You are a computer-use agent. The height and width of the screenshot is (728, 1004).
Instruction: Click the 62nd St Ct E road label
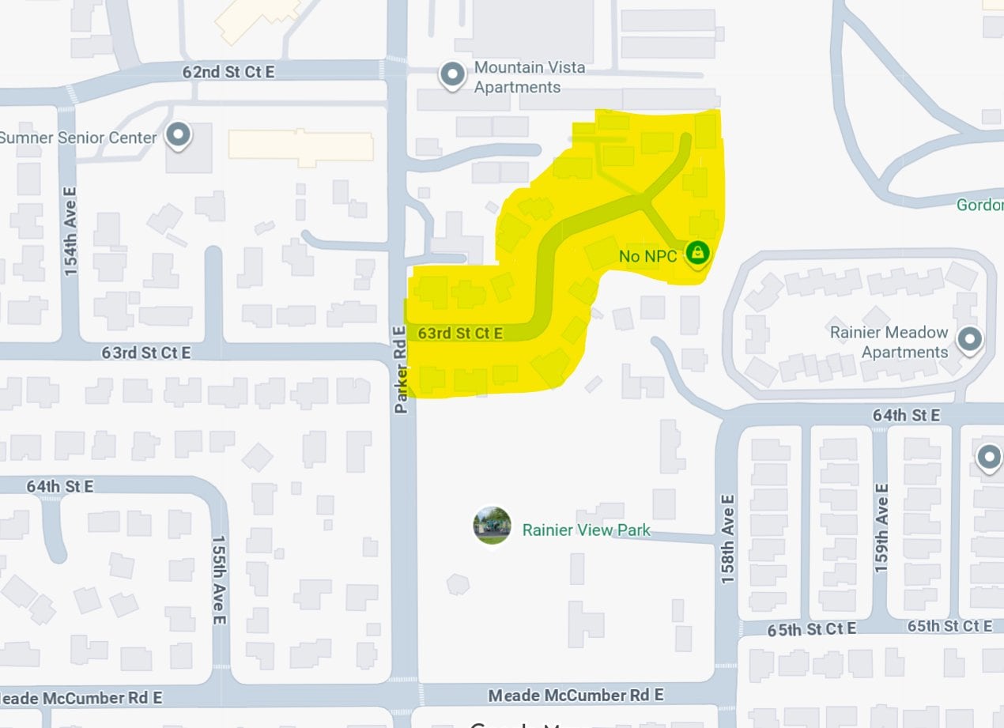228,72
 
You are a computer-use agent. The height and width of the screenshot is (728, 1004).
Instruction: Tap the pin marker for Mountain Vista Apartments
452,76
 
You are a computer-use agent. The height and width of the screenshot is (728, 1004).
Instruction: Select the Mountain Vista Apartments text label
529,77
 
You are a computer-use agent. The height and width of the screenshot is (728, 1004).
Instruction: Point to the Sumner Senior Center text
77,138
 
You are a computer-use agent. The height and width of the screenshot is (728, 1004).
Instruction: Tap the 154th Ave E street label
71,232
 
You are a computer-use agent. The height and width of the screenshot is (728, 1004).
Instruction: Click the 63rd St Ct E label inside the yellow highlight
460,334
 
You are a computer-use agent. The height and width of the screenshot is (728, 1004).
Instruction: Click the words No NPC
647,255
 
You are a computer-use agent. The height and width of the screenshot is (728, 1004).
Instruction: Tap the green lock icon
696,253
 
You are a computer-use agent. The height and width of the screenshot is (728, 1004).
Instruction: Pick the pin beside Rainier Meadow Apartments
970,340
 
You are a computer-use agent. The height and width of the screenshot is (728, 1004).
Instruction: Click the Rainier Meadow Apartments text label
889,342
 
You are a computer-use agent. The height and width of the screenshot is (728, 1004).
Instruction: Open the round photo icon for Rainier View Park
492,526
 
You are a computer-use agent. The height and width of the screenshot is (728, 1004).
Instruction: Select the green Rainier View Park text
586,530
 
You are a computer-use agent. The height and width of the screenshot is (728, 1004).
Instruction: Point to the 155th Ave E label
219,580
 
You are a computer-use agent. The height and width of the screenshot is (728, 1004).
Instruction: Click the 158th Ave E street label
728,540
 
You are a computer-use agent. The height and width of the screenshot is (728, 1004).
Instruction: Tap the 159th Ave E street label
881,528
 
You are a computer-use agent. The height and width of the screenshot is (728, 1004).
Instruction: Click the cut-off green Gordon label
980,205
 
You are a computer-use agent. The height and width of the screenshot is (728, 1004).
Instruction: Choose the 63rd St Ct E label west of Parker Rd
145,353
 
